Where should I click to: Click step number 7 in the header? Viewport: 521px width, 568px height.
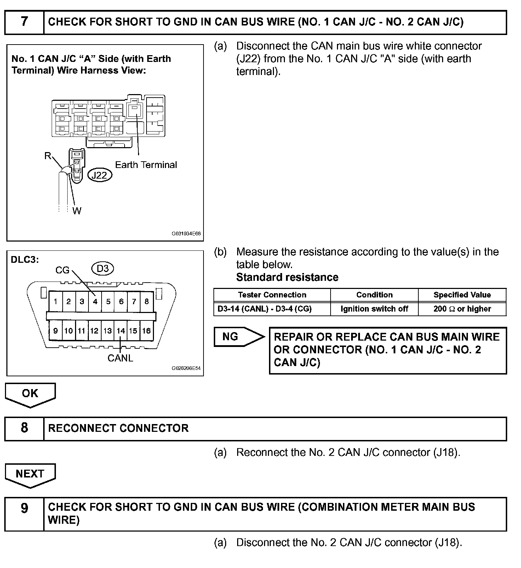point(24,22)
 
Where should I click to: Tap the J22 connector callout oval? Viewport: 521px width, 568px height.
point(99,175)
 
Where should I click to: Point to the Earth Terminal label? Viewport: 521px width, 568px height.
point(146,165)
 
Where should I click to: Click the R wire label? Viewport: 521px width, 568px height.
point(48,156)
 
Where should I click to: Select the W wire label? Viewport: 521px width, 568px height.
point(77,211)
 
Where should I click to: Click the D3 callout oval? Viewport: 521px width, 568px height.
point(103,269)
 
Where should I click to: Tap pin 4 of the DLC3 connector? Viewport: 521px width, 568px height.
point(95,302)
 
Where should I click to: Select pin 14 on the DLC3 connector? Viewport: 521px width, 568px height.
point(121,331)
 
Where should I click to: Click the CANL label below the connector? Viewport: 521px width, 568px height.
point(120,358)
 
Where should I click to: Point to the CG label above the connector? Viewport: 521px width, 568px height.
point(62,271)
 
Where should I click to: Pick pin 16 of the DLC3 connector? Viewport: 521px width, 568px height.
point(147,331)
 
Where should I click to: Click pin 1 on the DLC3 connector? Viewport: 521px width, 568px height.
point(56,302)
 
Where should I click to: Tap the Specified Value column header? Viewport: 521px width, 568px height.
point(462,295)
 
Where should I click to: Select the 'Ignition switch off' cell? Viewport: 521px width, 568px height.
point(374,309)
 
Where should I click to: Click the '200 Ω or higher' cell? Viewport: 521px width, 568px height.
point(462,309)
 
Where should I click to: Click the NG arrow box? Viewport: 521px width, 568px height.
point(236,337)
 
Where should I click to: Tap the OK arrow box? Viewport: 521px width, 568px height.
point(30,394)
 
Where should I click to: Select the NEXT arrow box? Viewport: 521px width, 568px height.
point(30,474)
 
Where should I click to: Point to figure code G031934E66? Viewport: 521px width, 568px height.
point(186,234)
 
